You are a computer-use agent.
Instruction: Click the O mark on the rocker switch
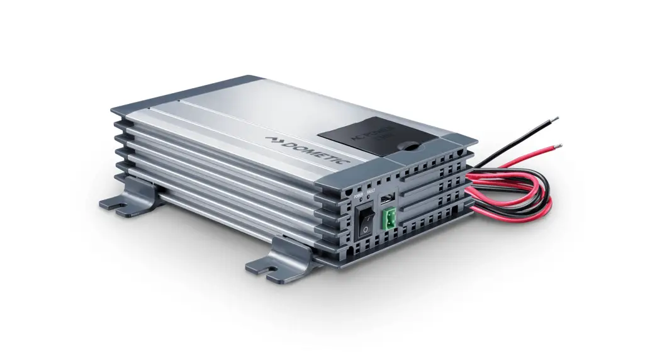click(x=364, y=231)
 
